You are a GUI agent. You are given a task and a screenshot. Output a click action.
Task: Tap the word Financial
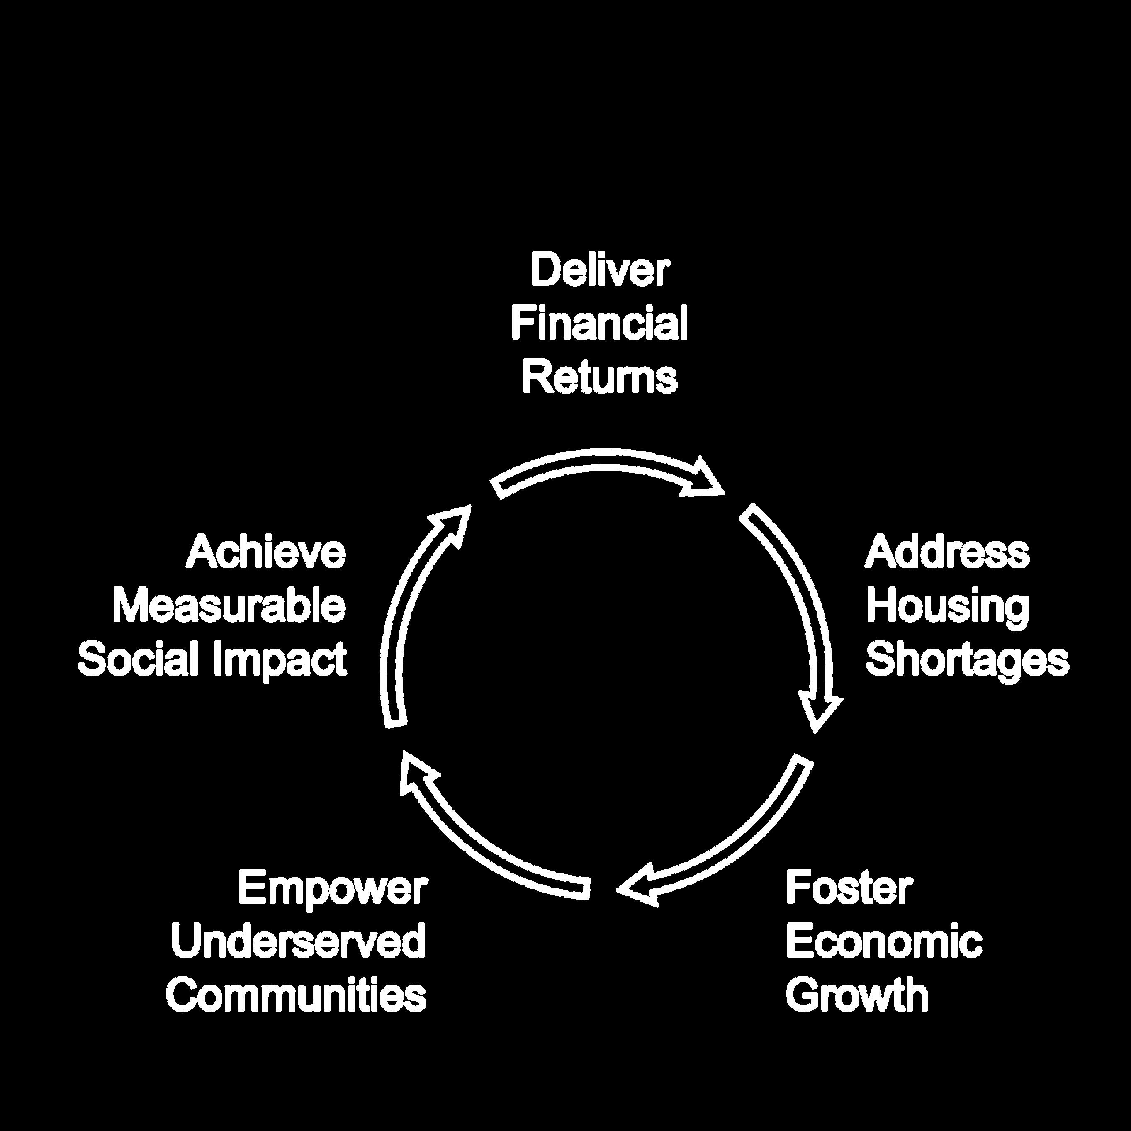[x=599, y=324]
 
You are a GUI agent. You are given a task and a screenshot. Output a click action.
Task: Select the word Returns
[x=599, y=377]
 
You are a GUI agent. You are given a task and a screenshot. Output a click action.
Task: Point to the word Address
[x=946, y=552]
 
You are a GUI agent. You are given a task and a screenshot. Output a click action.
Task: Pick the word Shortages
[x=967, y=660]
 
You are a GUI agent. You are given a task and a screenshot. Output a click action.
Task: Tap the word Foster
[x=849, y=888]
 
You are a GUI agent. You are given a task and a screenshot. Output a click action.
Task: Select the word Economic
[x=883, y=942]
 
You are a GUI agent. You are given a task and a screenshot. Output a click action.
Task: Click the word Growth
[x=857, y=996]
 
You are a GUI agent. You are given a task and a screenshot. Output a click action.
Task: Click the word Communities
[x=296, y=995]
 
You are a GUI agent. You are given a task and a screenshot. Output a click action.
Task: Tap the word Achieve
[x=266, y=552]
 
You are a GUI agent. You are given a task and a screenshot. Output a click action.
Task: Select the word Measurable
[x=229, y=606]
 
